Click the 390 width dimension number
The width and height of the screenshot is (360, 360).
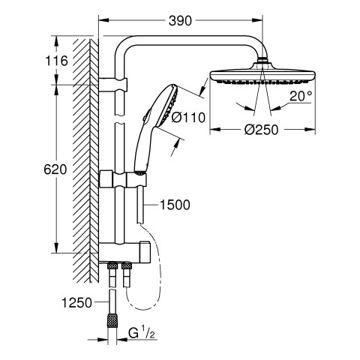[180, 21]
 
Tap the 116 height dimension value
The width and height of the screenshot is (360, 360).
[56, 61]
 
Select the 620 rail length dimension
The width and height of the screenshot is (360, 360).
[55, 169]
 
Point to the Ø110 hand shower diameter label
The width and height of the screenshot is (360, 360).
[188, 117]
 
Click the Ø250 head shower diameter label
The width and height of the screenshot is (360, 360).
[261, 130]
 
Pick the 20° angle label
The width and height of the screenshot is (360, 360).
[301, 96]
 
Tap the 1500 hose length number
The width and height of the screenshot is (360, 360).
[175, 205]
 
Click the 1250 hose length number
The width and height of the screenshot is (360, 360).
[76, 303]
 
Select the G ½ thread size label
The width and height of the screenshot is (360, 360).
[141, 334]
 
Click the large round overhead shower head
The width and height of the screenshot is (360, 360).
[262, 76]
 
